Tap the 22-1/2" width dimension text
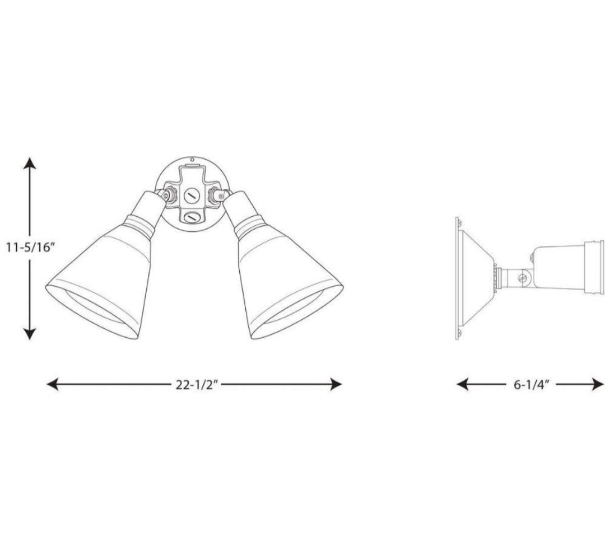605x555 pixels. pos(193,384)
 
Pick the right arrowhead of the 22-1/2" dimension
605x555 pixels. pos(336,384)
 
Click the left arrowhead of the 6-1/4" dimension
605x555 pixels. pos(463,384)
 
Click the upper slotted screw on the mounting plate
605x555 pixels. pos(190,195)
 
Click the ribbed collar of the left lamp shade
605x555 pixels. pos(141,224)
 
